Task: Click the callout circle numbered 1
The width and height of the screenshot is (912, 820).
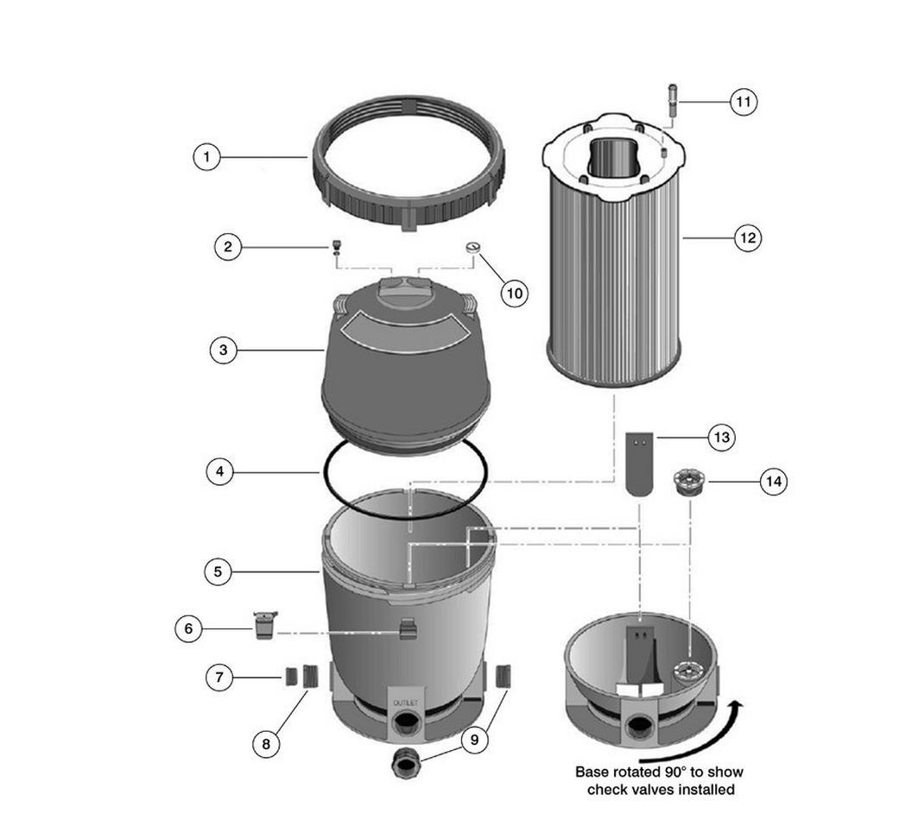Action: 206,157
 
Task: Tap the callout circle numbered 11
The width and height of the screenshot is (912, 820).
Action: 744,102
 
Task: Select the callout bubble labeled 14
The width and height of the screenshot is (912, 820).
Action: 774,482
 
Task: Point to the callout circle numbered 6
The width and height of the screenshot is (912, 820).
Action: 188,628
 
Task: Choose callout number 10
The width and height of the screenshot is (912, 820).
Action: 514,293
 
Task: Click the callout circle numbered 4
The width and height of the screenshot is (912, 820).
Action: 220,471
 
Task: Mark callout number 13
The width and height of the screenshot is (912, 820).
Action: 721,437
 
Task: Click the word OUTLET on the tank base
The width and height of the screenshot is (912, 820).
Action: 405,703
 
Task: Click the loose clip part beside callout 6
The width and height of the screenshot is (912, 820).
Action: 265,625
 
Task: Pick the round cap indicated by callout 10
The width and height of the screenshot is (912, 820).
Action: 473,248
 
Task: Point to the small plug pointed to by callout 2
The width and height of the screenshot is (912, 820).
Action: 336,246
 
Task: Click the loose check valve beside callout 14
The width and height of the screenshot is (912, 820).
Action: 689,482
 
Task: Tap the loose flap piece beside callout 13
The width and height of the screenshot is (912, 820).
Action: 640,464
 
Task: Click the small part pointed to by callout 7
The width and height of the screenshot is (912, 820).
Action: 291,678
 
